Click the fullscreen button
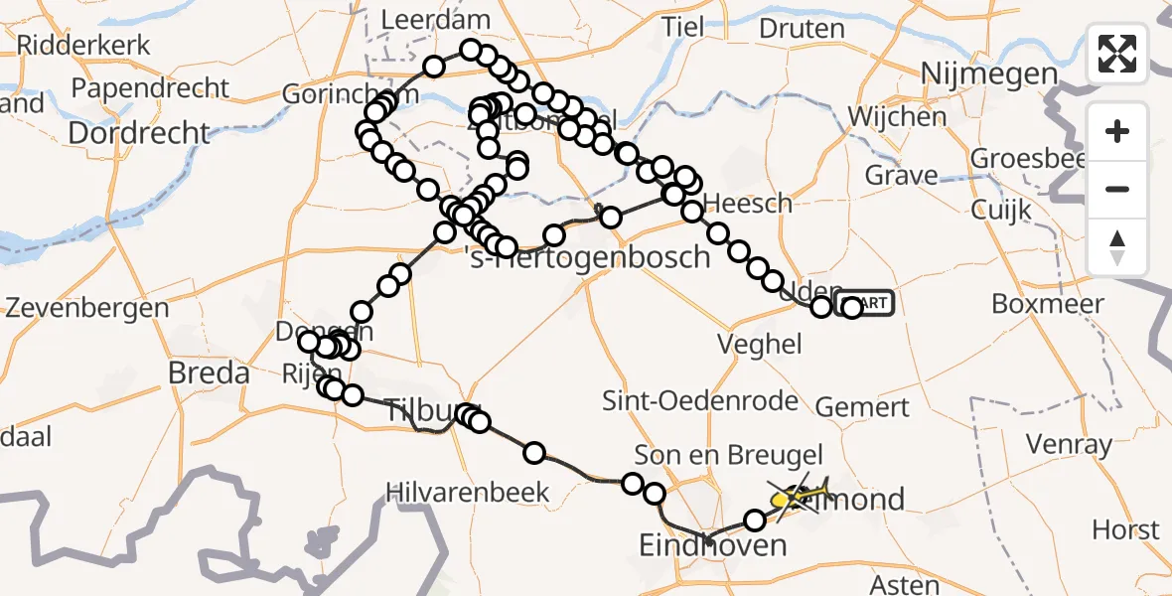pyautogui.click(x=1117, y=54)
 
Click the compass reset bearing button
pyautogui.click(x=1117, y=247)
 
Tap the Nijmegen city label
pyautogui.click(x=988, y=74)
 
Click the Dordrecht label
pyautogui.click(x=140, y=133)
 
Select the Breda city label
pyautogui.click(x=209, y=374)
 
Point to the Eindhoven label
pyautogui.click(x=713, y=544)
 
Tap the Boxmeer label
pyautogui.click(x=1048, y=304)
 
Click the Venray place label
pyautogui.click(x=1069, y=443)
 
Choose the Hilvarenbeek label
pyautogui.click(x=468, y=492)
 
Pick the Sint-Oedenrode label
pyautogui.click(x=701, y=401)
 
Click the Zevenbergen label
pyautogui.click(x=87, y=307)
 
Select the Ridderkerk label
pyautogui.click(x=83, y=45)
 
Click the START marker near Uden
pyautogui.click(x=866, y=304)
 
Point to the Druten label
pyautogui.click(x=801, y=29)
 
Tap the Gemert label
pyautogui.click(x=862, y=407)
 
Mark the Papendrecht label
pyautogui.click(x=151, y=88)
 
